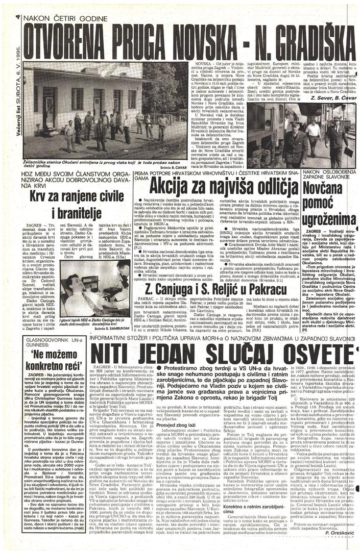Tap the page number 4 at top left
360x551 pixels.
(18, 18)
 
